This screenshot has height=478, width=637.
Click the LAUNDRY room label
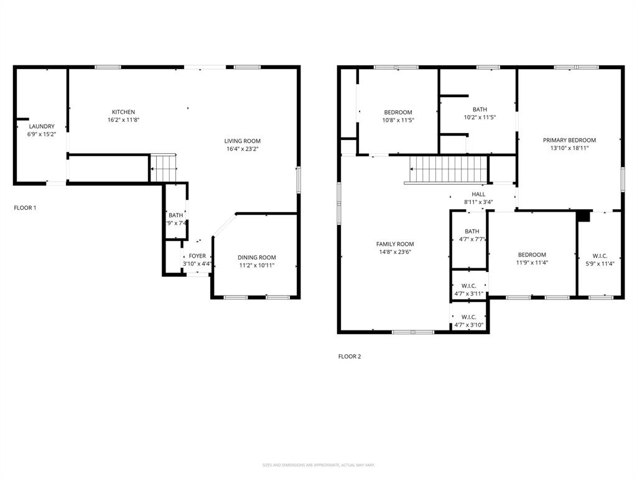point(42,126)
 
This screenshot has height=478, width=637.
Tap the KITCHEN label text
point(123,112)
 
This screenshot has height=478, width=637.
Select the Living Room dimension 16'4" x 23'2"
point(243,149)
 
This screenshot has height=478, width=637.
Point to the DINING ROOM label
point(257,257)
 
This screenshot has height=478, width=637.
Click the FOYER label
point(197,256)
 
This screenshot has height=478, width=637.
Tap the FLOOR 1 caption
point(25,207)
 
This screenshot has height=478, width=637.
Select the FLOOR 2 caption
point(349,357)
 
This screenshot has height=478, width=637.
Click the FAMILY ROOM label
point(395,244)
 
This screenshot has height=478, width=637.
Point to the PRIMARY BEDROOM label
point(569,140)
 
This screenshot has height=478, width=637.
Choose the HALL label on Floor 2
point(478,194)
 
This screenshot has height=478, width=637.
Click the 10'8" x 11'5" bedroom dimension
point(398,120)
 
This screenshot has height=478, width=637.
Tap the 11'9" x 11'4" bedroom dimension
point(532,263)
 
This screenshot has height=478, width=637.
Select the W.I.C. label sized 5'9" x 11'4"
point(600,255)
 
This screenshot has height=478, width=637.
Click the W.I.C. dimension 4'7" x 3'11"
point(469,294)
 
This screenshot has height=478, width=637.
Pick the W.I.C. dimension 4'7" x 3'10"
point(469,325)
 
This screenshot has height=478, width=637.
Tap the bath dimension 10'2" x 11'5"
point(480,117)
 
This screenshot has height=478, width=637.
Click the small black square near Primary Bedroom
point(584,216)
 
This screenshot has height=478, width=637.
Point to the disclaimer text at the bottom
point(318,465)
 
